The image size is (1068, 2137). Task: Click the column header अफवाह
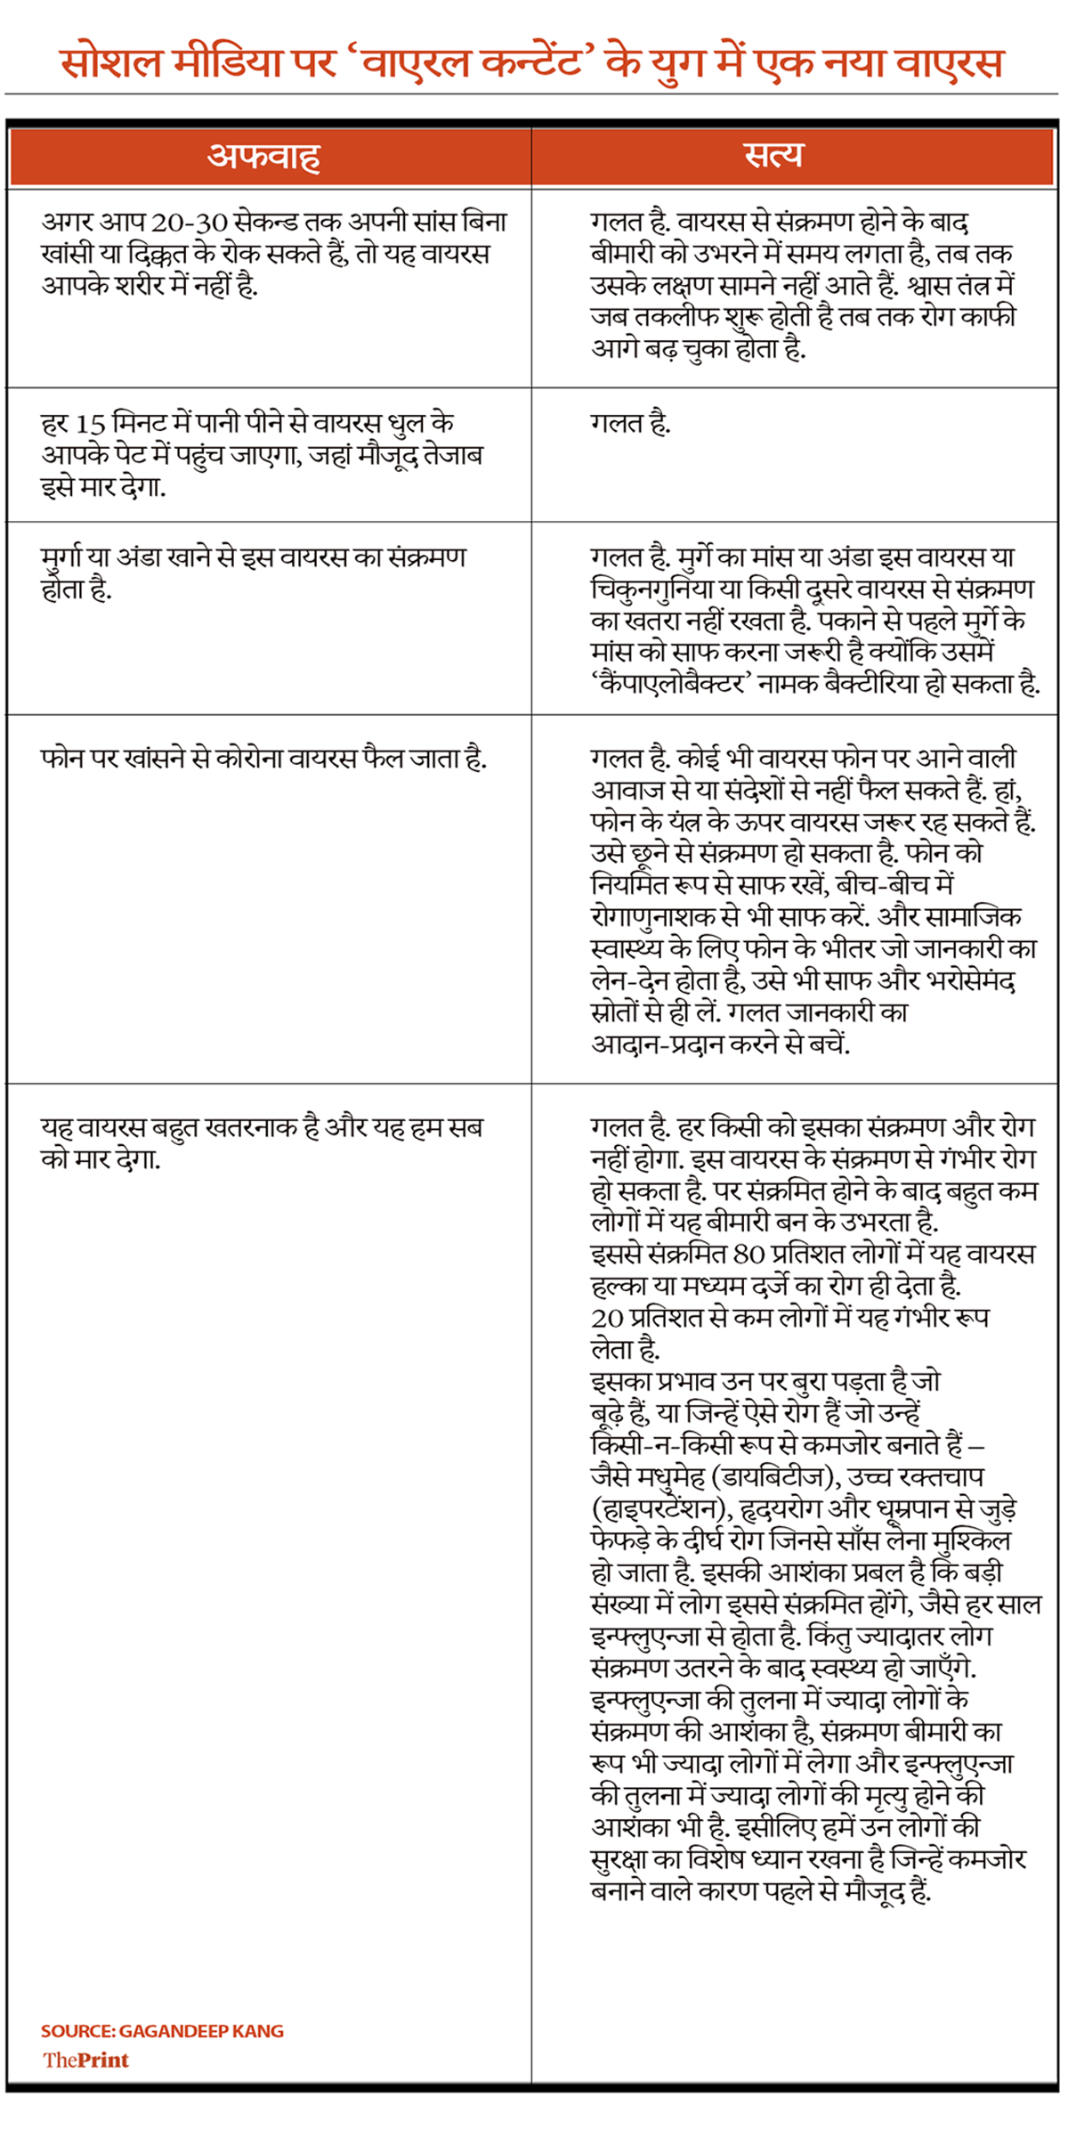click(263, 157)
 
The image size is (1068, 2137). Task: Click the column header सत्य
click(773, 155)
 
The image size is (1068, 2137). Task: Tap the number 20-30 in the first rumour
click(186, 222)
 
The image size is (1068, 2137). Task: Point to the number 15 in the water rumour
click(90, 424)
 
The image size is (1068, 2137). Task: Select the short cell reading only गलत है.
click(630, 424)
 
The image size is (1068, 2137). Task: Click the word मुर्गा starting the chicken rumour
click(62, 558)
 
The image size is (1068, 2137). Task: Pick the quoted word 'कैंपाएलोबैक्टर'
click(667, 685)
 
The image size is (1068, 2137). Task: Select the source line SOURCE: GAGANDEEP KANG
click(162, 2031)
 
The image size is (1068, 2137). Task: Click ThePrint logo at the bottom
click(85, 2060)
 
